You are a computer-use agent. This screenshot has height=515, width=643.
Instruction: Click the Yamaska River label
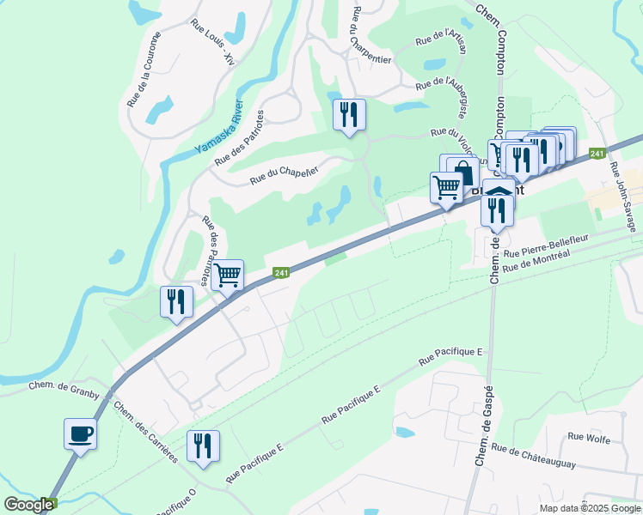coord(219,127)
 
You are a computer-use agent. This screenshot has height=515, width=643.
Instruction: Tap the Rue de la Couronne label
coord(144,70)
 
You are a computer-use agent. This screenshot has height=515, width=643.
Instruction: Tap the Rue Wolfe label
coord(589,439)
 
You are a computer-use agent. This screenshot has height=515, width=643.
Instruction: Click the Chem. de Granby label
coord(64,391)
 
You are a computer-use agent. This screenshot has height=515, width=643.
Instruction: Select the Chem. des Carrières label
coord(145,433)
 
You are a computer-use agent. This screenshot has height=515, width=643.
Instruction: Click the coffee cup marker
coord(80,433)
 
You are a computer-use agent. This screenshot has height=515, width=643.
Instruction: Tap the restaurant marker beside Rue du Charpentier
coord(349,114)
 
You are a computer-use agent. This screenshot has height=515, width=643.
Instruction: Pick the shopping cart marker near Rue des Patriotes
coord(227,276)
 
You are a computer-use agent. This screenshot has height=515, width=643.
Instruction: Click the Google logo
coord(28,505)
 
